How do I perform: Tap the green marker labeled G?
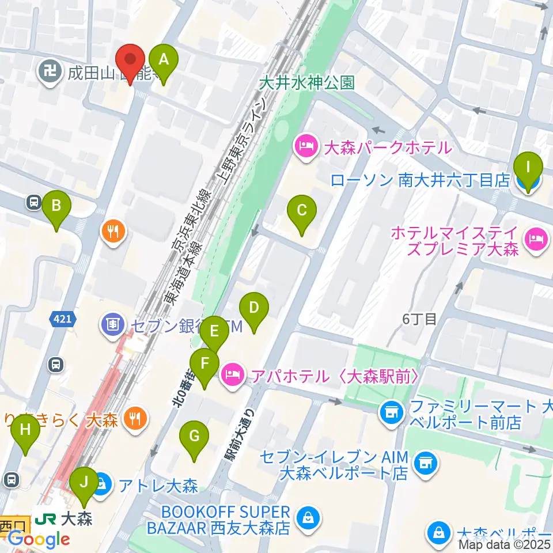click(194, 440)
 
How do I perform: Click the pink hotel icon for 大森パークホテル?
click(304, 147)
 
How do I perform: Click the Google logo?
click(39, 539)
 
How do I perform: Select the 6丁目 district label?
click(421, 319)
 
